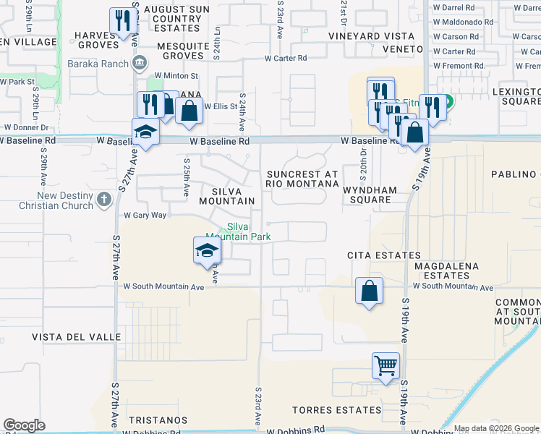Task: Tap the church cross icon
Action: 104,198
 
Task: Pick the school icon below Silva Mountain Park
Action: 207,250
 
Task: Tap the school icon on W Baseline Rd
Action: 145,132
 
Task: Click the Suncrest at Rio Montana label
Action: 302,179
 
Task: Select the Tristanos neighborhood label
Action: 158,420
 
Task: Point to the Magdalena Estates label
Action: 446,271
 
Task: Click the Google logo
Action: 24,425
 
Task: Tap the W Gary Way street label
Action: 145,216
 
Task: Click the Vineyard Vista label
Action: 365,35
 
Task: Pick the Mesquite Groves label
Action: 183,51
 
